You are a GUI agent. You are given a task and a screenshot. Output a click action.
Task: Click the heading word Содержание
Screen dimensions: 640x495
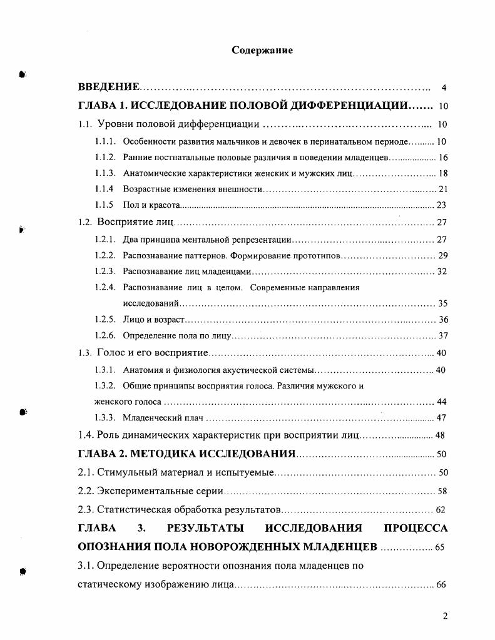(262, 50)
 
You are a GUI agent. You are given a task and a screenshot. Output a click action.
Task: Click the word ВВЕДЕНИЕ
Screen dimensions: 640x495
(108, 87)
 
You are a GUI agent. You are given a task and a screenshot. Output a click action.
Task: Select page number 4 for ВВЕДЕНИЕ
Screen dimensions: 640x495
(443, 88)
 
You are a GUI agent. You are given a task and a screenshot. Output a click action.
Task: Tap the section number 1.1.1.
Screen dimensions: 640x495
(105, 142)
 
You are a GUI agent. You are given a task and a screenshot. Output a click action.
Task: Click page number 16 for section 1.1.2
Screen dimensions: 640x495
(443, 158)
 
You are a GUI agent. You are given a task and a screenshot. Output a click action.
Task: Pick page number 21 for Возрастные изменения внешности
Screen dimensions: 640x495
(443, 189)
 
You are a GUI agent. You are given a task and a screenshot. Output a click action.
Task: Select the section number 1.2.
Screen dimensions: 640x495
(85, 222)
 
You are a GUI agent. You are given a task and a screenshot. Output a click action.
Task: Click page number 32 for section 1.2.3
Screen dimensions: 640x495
(442, 272)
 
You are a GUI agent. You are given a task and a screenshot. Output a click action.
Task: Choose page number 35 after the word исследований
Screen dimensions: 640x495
(442, 303)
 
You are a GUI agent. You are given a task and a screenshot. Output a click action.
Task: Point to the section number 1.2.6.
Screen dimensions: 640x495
(105, 335)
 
